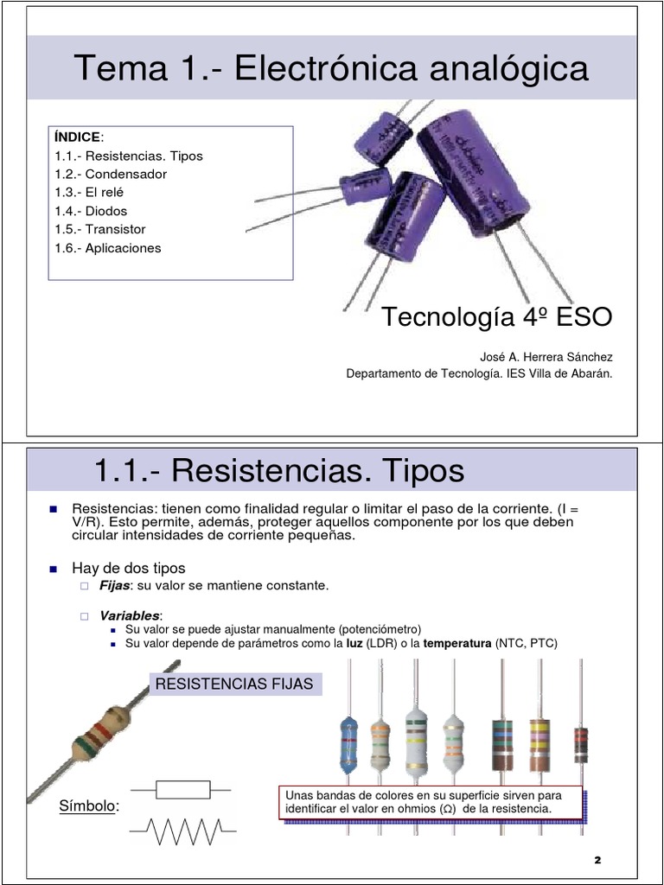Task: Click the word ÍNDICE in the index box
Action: click(x=77, y=137)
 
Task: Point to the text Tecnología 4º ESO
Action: click(x=497, y=317)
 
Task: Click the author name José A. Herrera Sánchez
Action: click(x=546, y=357)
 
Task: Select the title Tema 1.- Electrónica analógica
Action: click(x=331, y=68)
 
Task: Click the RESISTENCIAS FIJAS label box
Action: click(x=236, y=684)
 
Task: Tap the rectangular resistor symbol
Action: click(x=182, y=789)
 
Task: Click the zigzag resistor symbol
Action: click(x=182, y=831)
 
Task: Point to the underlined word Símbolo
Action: click(x=87, y=806)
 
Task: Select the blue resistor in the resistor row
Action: click(x=348, y=742)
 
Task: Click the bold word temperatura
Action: click(x=456, y=644)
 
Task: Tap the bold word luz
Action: click(x=354, y=644)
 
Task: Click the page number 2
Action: click(x=597, y=861)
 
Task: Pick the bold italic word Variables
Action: click(x=130, y=615)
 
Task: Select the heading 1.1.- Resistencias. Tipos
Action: click(x=278, y=471)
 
